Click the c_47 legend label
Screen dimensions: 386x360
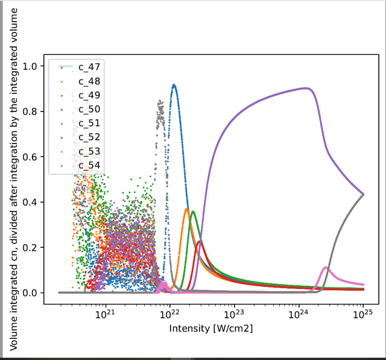(x=89, y=67)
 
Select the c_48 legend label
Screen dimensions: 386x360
(x=89, y=81)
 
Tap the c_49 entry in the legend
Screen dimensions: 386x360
(x=89, y=95)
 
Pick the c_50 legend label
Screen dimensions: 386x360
(x=89, y=109)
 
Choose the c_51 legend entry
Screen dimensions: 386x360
(x=89, y=123)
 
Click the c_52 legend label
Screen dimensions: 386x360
(x=89, y=137)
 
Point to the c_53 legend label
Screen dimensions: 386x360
(x=89, y=151)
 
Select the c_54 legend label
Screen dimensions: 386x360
(x=89, y=165)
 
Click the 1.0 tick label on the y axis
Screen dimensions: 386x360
(x=30, y=66)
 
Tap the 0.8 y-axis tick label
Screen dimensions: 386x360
(x=30, y=112)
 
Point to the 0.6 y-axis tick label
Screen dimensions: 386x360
(x=30, y=157)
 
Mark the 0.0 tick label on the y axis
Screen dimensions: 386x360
(x=30, y=293)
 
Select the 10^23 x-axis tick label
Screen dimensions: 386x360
(x=234, y=314)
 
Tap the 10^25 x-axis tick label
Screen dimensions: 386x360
(x=362, y=314)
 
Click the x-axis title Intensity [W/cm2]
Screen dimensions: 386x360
(x=211, y=329)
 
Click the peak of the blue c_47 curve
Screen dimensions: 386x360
(x=174, y=86)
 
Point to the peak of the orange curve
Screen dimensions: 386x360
(x=186, y=209)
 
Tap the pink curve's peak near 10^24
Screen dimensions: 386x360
(x=326, y=268)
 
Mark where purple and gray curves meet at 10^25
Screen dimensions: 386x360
(x=363, y=194)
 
